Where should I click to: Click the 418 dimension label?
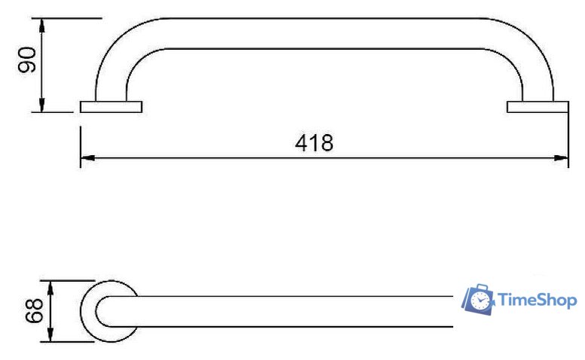tap(314, 143)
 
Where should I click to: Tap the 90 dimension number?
tap(27, 59)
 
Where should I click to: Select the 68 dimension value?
tap(35, 310)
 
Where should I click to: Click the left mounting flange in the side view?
tap(111, 107)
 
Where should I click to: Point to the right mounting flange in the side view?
tap(538, 107)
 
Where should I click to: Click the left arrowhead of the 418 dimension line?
tap(87, 158)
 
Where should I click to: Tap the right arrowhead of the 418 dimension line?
tap(561, 158)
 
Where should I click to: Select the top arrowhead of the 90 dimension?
tap(42, 26)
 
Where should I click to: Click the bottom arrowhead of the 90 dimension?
tap(42, 105)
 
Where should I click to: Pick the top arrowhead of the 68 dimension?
tap(50, 288)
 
